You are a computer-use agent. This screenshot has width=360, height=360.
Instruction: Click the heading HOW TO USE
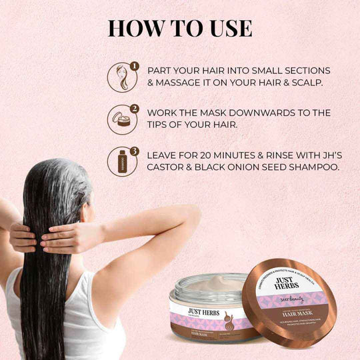click(180, 28)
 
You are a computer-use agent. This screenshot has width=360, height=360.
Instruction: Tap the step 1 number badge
click(135, 67)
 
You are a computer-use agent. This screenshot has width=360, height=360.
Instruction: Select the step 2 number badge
click(135, 108)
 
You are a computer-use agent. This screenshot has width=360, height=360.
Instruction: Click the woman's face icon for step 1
click(121, 77)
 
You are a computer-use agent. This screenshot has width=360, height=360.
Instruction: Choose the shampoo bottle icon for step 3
click(121, 161)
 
